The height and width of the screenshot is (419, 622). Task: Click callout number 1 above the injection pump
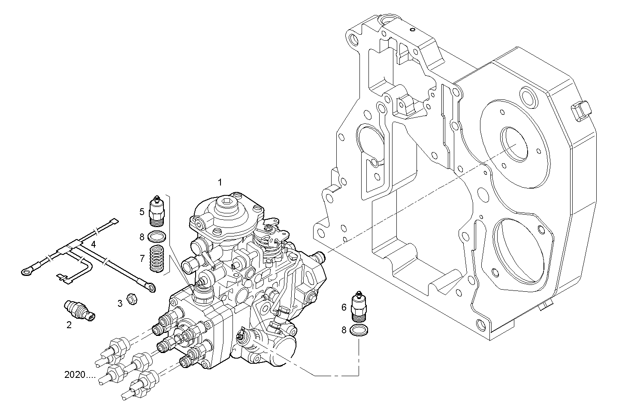[x=220, y=183]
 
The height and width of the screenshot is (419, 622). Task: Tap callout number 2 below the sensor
[x=69, y=325]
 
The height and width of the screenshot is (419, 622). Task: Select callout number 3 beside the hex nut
[x=120, y=303]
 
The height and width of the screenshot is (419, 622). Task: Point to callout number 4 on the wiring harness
[x=93, y=245]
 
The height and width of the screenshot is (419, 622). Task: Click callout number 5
[x=142, y=211]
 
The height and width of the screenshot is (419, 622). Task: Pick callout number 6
[x=344, y=307]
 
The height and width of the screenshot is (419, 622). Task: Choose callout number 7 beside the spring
[x=142, y=258]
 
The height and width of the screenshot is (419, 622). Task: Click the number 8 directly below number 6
[x=344, y=330]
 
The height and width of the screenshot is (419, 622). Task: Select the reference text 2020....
[x=80, y=375]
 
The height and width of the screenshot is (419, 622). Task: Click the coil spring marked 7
[x=157, y=259]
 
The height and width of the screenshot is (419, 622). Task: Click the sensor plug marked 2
[x=80, y=311]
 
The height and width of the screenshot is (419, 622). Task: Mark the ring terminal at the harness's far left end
[x=28, y=270]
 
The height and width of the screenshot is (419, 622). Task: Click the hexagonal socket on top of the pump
[x=226, y=203]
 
